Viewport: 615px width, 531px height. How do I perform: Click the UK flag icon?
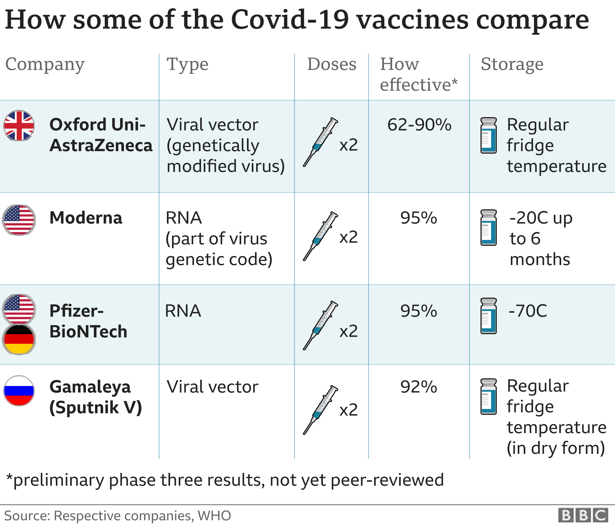[19, 125]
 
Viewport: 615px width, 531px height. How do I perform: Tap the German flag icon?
[19, 339]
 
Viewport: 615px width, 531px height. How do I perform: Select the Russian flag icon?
[19, 390]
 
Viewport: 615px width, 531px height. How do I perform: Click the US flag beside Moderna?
[19, 220]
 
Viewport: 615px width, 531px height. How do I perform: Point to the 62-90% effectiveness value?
[419, 125]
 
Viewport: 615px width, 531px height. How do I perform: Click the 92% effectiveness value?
[418, 387]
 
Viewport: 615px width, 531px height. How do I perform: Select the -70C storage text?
[528, 310]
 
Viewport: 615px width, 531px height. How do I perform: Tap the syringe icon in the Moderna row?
[320, 236]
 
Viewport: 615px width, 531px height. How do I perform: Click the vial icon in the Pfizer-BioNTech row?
[488, 316]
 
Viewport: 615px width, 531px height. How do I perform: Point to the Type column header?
[187, 65]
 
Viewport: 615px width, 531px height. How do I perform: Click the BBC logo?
[583, 516]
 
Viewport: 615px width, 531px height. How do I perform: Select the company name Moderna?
[86, 218]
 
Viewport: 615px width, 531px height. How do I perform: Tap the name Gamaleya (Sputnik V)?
[95, 397]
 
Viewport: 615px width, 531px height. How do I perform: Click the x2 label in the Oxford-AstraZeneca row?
[348, 145]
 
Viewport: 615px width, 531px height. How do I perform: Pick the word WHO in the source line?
[214, 516]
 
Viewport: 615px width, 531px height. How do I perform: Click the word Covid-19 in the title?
[290, 20]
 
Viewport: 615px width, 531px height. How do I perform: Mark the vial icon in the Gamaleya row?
[488, 397]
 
